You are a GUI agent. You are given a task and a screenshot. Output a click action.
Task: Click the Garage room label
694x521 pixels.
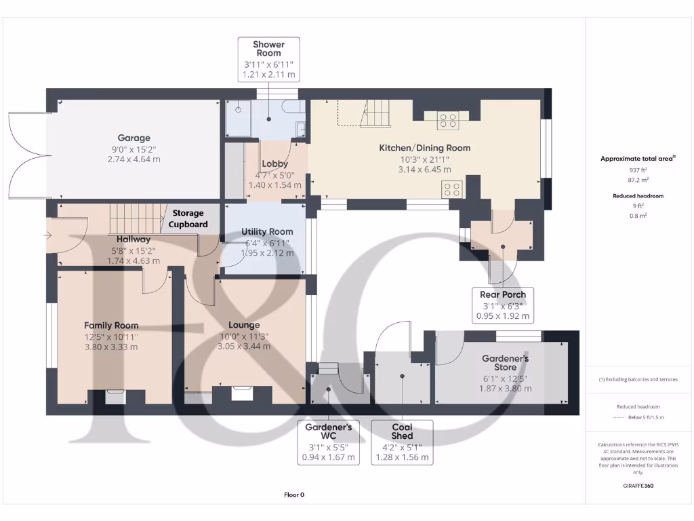click(x=134, y=138)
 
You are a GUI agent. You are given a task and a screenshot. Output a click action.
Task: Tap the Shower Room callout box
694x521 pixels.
click(x=268, y=60)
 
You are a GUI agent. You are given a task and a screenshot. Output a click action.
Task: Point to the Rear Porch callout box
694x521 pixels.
click(x=502, y=305)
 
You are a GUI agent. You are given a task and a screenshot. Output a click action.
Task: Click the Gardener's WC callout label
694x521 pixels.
click(x=328, y=442)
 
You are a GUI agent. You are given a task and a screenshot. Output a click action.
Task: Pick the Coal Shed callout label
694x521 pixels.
click(x=402, y=442)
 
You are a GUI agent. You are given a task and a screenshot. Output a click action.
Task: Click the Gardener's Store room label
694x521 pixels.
click(x=505, y=362)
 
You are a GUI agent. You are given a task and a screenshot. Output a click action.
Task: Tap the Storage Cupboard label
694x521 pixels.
click(x=188, y=218)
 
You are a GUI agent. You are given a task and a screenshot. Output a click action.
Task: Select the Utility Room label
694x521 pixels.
click(x=267, y=231)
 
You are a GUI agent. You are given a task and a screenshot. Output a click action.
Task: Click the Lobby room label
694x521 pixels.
click(x=274, y=163)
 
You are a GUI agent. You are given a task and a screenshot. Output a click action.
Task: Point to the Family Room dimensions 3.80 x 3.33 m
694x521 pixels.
click(x=110, y=347)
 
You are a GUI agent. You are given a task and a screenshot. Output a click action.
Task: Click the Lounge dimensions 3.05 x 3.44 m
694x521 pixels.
click(x=243, y=346)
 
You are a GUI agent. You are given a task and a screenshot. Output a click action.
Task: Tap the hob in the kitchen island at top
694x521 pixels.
click(x=448, y=120)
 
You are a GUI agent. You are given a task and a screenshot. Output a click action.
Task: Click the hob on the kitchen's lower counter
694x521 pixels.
click(x=452, y=188)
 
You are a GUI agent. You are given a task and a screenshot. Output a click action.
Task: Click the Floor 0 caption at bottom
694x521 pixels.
click(x=294, y=495)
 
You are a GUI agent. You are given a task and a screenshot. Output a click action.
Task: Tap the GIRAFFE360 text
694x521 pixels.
click(x=638, y=486)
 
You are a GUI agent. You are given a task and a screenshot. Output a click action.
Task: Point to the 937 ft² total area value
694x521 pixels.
click(x=638, y=170)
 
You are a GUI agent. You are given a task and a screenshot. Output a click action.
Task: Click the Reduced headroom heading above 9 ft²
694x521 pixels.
click(x=638, y=195)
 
